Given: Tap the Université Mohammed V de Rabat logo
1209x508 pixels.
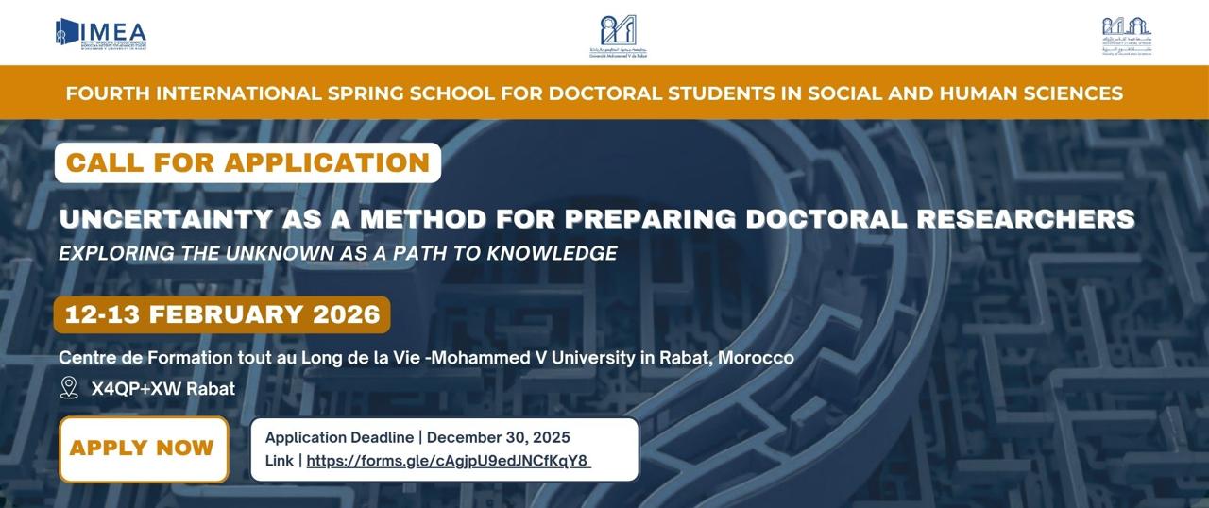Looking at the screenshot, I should pos(619,36).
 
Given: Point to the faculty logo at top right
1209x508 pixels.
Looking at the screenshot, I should pos(1126,37).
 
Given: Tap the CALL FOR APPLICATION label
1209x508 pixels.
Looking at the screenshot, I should pos(247,162).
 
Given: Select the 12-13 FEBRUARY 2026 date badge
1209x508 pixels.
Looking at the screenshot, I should pos(222,314).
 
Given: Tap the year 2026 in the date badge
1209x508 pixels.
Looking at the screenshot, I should pos(343,314).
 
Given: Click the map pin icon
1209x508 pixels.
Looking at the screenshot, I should pos(69,388).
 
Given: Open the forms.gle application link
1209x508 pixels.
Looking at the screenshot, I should pos(448,461).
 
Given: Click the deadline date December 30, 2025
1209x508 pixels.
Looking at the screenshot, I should pos(499,437).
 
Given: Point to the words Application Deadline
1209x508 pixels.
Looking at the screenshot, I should pos(339,437).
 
